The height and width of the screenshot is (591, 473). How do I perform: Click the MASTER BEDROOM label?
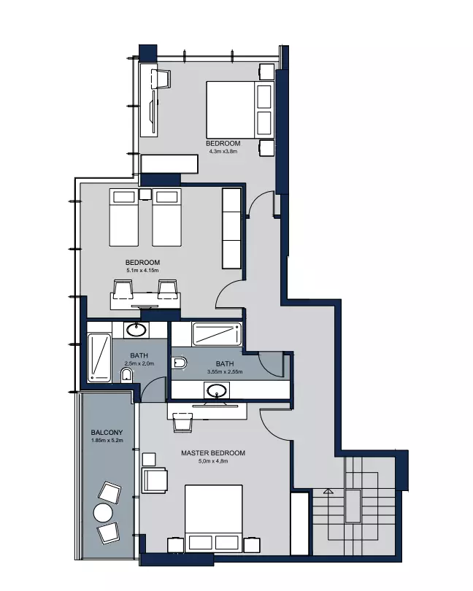[x=212, y=453]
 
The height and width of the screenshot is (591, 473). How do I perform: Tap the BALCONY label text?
[x=107, y=433]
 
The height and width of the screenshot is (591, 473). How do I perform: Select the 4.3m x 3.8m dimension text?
[x=223, y=152]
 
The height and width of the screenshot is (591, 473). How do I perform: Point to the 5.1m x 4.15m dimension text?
[x=142, y=270]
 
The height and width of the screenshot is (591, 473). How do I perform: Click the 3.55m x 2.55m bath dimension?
[x=225, y=371]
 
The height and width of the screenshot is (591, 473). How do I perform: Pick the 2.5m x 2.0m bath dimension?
[x=139, y=363]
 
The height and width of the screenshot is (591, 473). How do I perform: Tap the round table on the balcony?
[x=103, y=513]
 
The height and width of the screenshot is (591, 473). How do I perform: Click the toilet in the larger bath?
[x=180, y=363]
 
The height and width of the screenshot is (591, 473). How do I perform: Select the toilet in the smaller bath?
[x=127, y=376]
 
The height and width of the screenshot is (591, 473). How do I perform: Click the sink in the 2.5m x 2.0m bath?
[x=136, y=330]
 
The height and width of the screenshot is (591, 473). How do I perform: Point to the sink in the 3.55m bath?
[x=217, y=390]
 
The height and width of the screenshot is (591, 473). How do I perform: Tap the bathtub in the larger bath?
[x=217, y=334]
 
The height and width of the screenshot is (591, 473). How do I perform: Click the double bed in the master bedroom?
[x=213, y=519]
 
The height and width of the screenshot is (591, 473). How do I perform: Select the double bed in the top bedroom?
[x=239, y=109]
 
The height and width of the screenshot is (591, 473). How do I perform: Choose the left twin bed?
[x=124, y=217]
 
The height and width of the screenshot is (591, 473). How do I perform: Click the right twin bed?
[x=166, y=217]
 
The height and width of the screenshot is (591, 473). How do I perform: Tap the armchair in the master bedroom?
[x=155, y=480]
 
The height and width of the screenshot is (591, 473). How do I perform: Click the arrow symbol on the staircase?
[x=328, y=491]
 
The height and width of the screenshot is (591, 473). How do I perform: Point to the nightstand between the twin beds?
[x=145, y=194]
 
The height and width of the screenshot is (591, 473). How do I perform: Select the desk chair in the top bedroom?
[x=161, y=79]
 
